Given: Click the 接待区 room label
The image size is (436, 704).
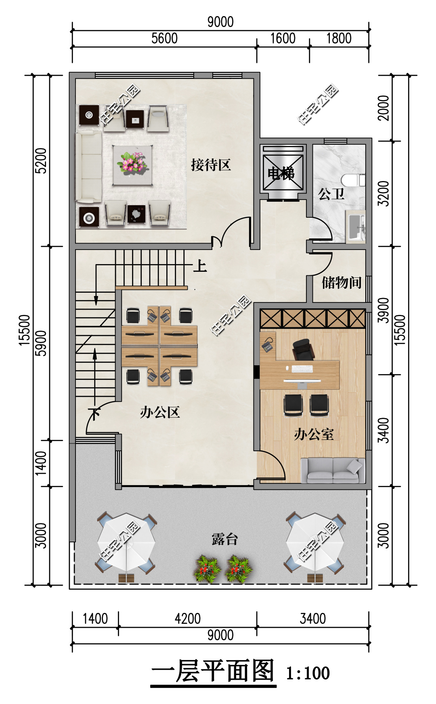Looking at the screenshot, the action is tap(211, 165).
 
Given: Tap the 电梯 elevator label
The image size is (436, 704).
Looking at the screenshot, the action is tap(281, 173).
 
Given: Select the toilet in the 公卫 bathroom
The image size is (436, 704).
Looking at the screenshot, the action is tap(353, 180).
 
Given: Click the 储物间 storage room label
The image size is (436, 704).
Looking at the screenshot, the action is tap(342, 282).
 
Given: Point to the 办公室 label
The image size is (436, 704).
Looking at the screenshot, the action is tap(314, 434).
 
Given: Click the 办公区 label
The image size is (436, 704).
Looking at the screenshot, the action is tap(160, 412).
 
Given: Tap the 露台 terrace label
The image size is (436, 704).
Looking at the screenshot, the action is tap(225, 539).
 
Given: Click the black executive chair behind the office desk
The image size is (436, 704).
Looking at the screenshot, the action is tap(303, 349).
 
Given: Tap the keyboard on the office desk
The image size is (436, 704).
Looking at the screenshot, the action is tap(302, 369).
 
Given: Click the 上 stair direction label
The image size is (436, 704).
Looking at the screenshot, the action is tap(200, 266).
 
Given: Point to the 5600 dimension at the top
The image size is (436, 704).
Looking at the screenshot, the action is tap(164, 38).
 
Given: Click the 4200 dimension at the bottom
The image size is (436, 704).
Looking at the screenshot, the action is tap(187, 619).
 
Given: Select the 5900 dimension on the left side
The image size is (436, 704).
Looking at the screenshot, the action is tap(41, 344).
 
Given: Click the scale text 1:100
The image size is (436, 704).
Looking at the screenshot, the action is tap(308, 673).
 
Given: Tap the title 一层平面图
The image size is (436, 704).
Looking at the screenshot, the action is tap(213, 671).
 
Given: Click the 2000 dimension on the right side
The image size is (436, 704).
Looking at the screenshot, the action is tap(384, 108).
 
